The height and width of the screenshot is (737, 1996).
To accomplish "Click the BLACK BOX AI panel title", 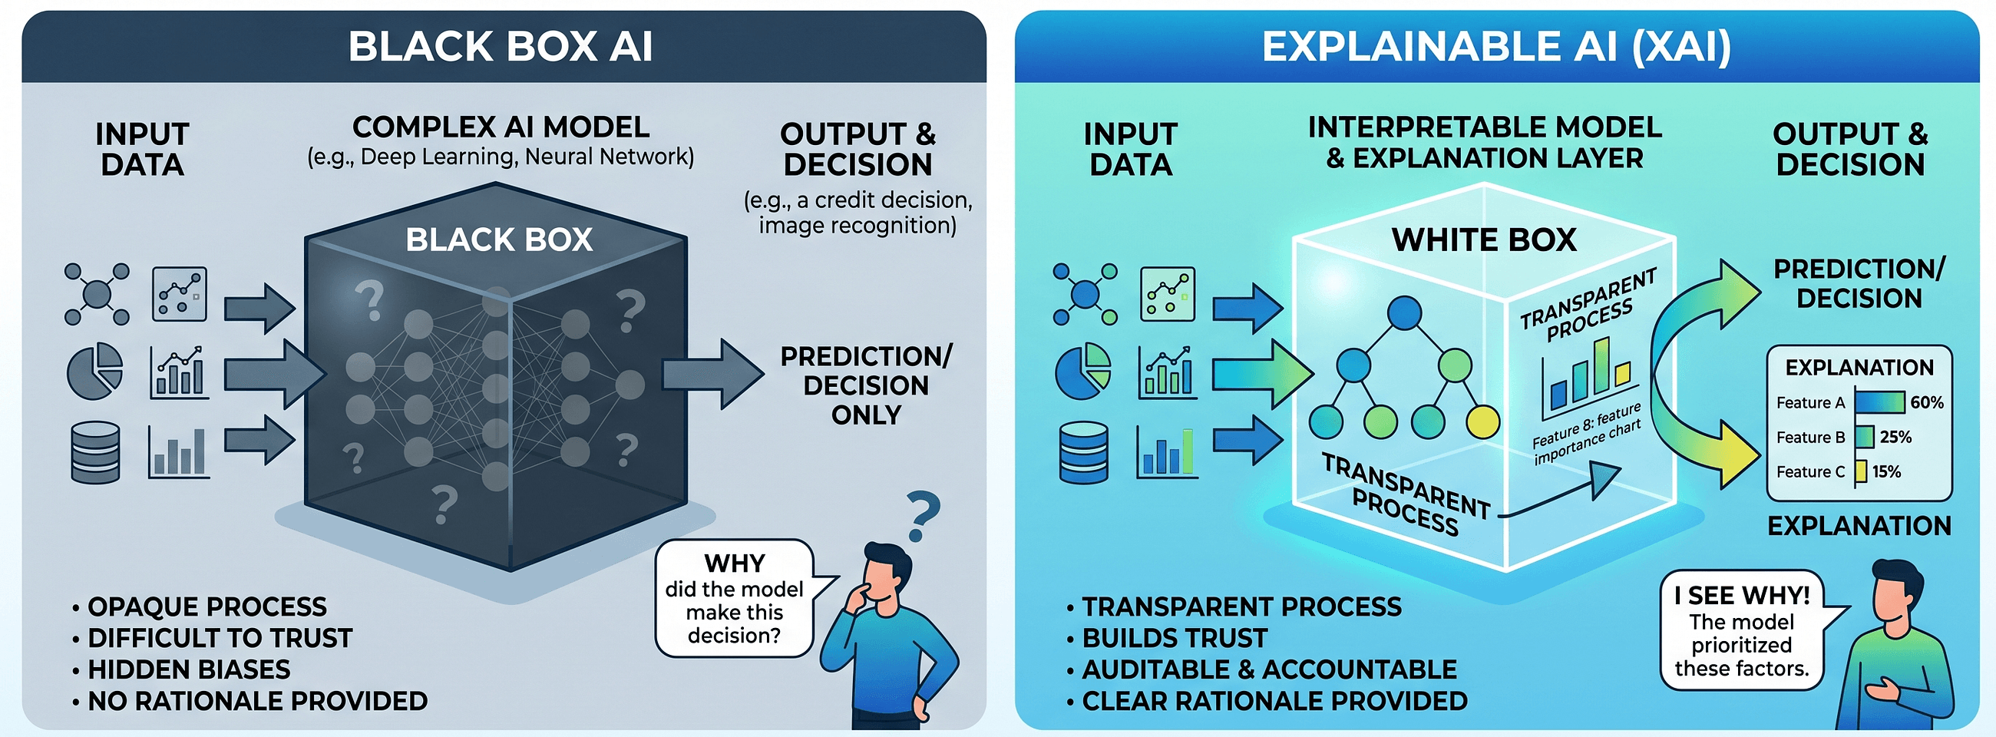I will (x=500, y=47).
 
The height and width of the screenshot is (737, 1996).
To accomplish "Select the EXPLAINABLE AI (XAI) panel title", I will (x=1495, y=47).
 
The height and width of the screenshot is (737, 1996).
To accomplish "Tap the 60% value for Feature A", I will (x=1926, y=402).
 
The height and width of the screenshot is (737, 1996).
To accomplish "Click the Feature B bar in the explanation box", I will (x=1865, y=437).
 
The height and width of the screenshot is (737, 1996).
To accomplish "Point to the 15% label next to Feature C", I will (x=1886, y=471).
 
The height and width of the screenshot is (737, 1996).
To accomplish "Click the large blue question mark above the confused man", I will (x=922, y=515).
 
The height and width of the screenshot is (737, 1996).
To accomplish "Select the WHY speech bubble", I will (x=735, y=598).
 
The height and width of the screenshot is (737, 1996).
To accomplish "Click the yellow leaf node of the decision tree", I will (x=1482, y=421).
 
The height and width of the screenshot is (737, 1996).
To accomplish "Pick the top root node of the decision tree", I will (x=1404, y=313).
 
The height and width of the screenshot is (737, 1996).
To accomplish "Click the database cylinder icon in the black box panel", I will (x=94, y=452).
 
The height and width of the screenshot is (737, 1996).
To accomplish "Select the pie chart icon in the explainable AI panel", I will (x=1082, y=372).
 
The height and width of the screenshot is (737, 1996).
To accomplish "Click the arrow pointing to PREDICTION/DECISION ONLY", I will (x=712, y=373).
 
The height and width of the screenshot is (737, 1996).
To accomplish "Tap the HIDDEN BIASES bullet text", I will (x=188, y=669).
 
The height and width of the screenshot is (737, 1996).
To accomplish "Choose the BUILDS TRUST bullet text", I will (x=1174, y=638).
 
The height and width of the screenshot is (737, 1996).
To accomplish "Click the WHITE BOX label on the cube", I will (x=1483, y=240).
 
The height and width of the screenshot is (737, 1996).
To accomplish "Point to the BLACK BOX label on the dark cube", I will (x=499, y=240).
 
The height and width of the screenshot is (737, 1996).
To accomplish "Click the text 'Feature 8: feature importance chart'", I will (x=1587, y=435).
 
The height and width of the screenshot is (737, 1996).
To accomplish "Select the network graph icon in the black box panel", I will (x=96, y=294).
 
